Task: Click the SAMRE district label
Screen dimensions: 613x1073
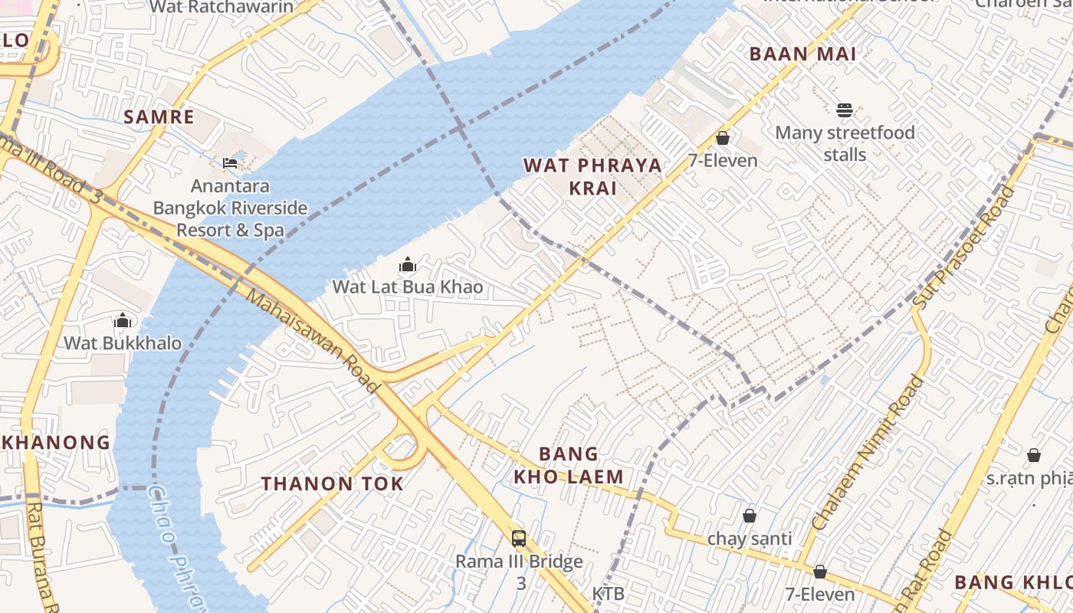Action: [159, 117]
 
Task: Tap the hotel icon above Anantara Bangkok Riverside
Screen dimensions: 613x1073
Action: [229, 162]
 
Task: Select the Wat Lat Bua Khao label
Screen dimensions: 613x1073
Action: [408, 287]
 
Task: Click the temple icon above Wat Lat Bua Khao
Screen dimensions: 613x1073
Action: [408, 265]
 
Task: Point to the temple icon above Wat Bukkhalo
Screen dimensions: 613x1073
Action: [123, 320]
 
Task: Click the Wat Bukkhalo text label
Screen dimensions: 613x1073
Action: [123, 343]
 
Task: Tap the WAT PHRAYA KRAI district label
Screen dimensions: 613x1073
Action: [592, 176]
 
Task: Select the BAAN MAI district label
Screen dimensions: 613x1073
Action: [802, 54]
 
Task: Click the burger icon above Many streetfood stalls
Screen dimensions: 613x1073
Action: [845, 110]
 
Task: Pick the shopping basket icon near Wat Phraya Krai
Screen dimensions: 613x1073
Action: [722, 138]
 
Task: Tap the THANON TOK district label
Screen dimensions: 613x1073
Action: [332, 484]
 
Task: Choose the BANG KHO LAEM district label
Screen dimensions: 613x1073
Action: [569, 465]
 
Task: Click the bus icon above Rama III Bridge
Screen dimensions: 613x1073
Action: [519, 538]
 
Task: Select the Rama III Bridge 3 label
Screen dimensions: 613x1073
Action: [520, 572]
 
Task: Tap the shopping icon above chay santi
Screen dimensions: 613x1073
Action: [750, 516]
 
